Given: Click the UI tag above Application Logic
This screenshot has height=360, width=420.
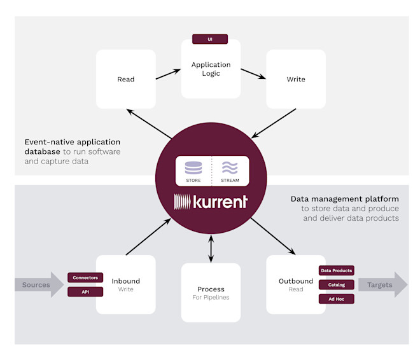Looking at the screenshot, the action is (x=210, y=39).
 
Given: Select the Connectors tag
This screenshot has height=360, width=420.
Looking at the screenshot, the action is (x=85, y=277).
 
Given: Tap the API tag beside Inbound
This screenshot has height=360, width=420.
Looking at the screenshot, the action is (x=85, y=292).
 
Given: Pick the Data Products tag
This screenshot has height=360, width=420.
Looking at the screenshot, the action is (x=337, y=270).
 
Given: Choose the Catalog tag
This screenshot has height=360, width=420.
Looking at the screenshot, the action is (x=337, y=284).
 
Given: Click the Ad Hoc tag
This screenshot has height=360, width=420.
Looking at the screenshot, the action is (x=337, y=299).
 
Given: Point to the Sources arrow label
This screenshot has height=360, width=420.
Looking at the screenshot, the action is (x=36, y=285).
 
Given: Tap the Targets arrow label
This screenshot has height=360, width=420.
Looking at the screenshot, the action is (x=379, y=285).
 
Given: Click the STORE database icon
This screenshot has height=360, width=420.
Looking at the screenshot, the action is (x=193, y=168).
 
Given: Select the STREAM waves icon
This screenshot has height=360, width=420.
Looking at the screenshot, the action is (x=230, y=168).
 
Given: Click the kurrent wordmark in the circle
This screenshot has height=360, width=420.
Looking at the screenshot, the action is (x=211, y=202).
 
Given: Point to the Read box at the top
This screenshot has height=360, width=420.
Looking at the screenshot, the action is (x=126, y=79).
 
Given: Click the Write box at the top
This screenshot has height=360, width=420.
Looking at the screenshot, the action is (x=296, y=79).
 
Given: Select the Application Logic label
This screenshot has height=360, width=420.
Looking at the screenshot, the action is (x=211, y=69).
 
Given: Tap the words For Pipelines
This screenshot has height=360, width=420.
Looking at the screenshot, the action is (x=211, y=298).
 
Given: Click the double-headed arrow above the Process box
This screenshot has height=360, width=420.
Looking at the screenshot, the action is (x=211, y=249).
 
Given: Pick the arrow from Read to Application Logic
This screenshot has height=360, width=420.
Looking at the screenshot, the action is (x=168, y=74).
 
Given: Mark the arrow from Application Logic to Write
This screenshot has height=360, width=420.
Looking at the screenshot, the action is (x=253, y=74).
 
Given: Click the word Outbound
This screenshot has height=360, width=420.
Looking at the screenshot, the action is (x=296, y=281).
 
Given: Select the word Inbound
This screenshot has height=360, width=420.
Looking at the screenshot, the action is (x=126, y=281).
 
